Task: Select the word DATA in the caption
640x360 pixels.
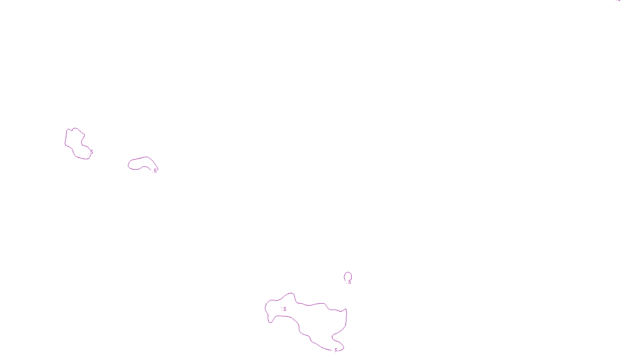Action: tap(338, 353)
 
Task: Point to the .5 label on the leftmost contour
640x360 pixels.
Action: tap(91, 152)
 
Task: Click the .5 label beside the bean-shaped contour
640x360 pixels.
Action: tap(155, 171)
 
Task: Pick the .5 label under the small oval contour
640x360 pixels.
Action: tap(349, 282)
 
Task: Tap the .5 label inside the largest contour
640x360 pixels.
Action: tap(284, 309)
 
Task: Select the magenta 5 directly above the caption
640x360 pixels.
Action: tap(336, 350)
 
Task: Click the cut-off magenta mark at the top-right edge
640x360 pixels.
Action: tap(618, 1)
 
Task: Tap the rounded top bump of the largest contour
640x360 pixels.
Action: tap(291, 294)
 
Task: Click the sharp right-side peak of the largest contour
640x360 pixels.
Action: tap(346, 309)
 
